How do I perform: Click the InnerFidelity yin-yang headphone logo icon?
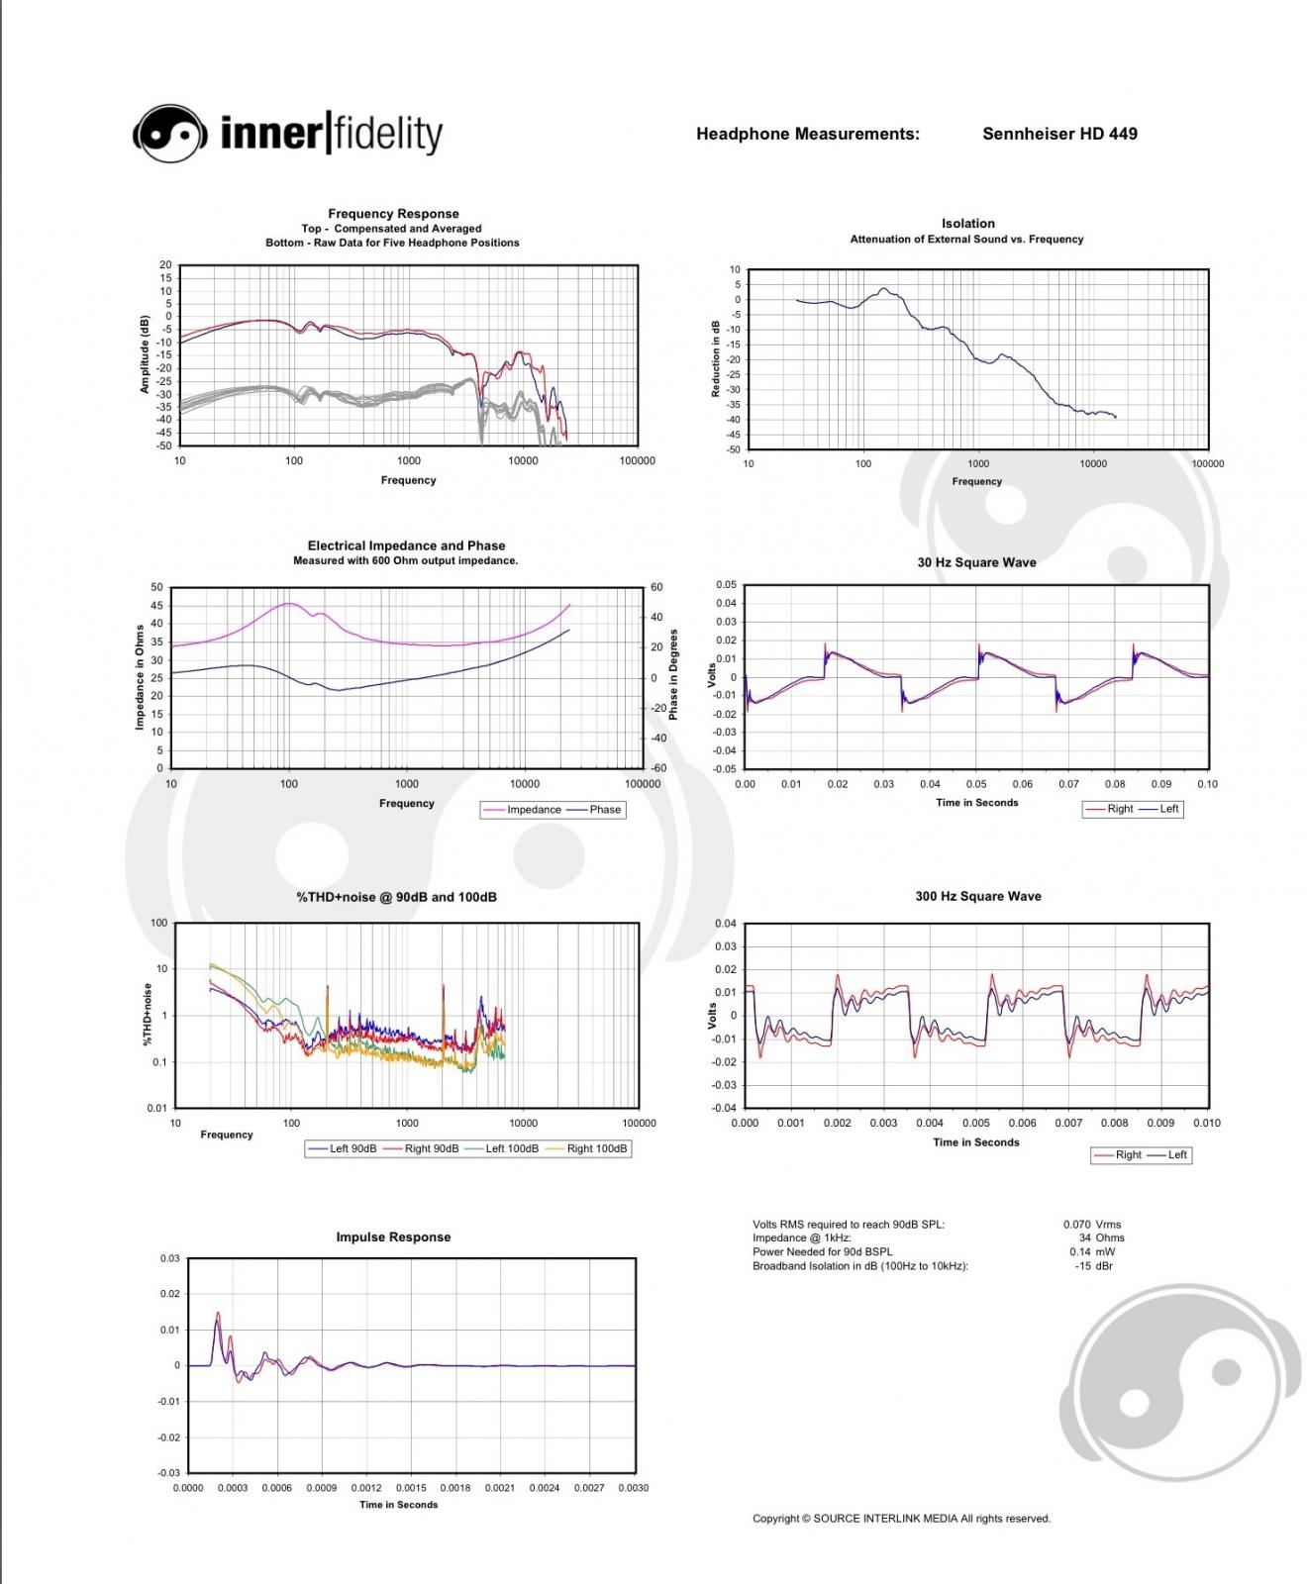pos(170,133)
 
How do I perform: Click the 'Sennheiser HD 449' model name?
pos(1059,134)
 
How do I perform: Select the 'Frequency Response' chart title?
pos(393,214)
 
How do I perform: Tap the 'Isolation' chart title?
pos(968,224)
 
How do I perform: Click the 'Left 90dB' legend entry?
pos(342,1148)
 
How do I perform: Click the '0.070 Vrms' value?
pos(1092,1225)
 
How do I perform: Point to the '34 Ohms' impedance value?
pos(1102,1237)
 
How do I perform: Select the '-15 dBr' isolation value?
pos(1094,1265)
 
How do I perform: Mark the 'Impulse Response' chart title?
pos(393,1237)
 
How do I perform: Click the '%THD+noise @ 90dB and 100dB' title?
pos(397,897)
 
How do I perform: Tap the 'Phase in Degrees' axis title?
pos(674,675)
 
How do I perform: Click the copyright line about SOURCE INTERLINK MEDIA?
pos(901,1519)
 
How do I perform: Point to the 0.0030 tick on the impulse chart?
pos(633,1488)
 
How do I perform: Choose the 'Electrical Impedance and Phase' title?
pos(406,545)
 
